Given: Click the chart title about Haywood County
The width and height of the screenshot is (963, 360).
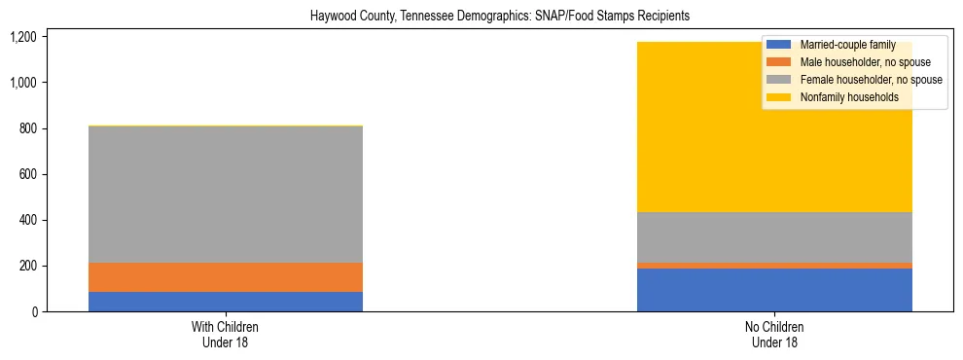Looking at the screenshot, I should (x=499, y=17).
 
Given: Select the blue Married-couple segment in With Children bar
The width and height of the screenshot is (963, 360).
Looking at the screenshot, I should (x=226, y=302).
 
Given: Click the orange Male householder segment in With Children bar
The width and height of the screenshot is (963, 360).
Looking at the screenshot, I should (x=226, y=277).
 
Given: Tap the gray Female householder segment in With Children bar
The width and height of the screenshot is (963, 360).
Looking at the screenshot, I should (x=226, y=195).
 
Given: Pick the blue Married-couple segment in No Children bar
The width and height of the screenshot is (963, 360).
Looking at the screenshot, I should (x=774, y=290).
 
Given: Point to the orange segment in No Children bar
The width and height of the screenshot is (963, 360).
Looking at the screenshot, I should (x=774, y=266).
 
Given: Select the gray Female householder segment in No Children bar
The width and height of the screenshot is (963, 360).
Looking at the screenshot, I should (x=774, y=237).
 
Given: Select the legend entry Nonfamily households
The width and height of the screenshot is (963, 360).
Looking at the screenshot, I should (x=842, y=97).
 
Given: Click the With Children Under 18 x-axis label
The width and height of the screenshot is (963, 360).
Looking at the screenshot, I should (x=226, y=335).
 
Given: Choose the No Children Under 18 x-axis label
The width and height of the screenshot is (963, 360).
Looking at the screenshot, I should (x=774, y=335).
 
